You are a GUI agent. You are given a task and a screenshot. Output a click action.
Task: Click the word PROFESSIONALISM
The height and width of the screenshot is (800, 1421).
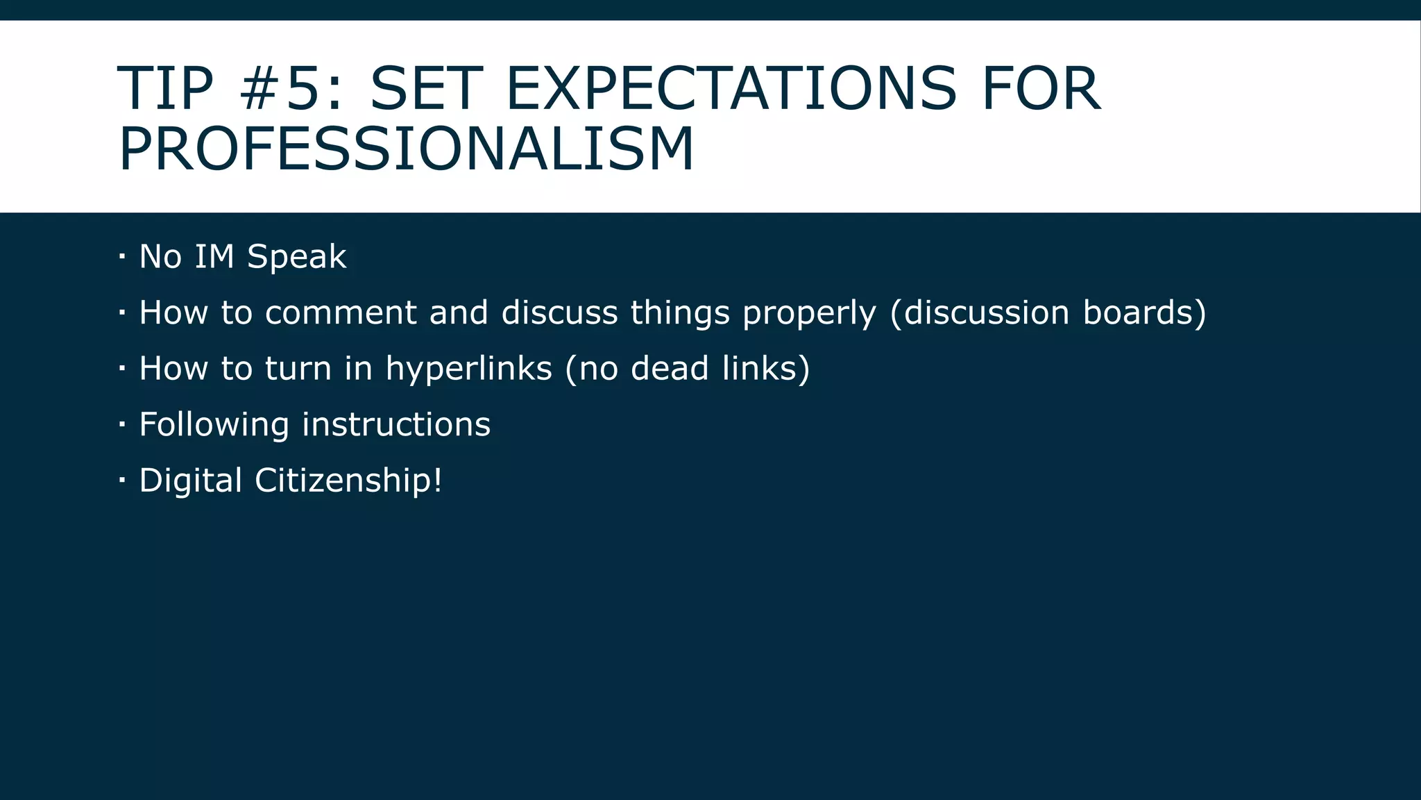tap(407, 149)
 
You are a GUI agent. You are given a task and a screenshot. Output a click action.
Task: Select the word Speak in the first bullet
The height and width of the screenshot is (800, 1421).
tap(296, 257)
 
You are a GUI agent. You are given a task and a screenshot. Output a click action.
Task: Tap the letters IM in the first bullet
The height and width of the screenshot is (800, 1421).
tap(214, 256)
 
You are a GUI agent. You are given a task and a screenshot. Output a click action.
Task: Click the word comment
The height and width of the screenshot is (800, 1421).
tap(341, 312)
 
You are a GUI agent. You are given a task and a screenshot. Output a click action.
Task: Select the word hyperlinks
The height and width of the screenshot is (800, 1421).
tap(468, 369)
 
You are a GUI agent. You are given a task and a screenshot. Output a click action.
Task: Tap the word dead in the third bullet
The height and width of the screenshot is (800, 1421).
tap(670, 368)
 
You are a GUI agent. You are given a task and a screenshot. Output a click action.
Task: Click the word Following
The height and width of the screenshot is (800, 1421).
tap(214, 425)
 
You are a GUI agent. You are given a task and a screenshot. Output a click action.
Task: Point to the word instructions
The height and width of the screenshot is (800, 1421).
tap(396, 424)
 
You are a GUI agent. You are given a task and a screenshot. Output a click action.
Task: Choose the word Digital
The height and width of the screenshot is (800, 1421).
tap(190, 481)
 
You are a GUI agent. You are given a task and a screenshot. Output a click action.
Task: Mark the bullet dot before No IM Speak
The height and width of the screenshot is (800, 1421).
tap(122, 257)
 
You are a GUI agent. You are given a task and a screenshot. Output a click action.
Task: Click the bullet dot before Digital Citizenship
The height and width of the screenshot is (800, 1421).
tap(122, 481)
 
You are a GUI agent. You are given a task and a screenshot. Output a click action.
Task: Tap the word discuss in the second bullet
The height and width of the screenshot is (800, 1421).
tap(559, 312)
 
